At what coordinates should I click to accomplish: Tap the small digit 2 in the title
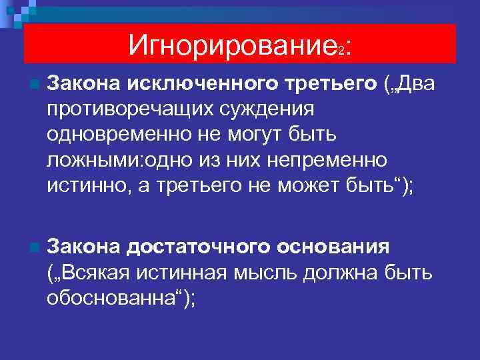click(341, 51)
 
